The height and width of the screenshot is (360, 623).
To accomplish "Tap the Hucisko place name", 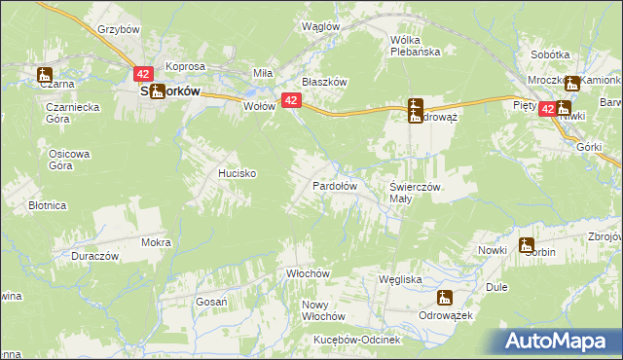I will (x=237, y=173).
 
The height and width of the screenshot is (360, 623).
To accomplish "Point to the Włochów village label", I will (x=310, y=274).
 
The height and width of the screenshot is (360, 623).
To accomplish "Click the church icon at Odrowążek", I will (x=446, y=299).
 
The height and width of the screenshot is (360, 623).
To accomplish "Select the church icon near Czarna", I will (x=45, y=74).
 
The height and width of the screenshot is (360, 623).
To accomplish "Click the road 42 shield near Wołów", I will (x=290, y=99).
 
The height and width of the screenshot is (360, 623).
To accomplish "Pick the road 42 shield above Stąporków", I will (x=143, y=74).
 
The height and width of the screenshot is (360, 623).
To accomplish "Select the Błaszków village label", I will (x=324, y=83).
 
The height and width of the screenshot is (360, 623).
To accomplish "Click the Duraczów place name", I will (x=94, y=256).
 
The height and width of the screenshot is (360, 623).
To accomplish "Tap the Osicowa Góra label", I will (x=69, y=160).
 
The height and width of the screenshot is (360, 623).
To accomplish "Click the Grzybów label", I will (x=119, y=29).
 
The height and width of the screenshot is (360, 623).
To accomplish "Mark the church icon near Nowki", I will (x=527, y=246).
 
